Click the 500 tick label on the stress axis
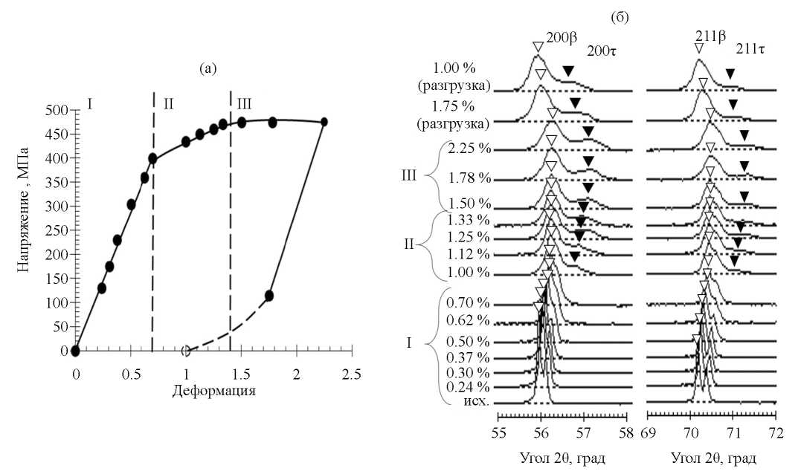pyautogui.click(x=59, y=111)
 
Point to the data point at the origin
pyautogui.click(x=75, y=351)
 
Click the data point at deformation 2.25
pyautogui.click(x=324, y=122)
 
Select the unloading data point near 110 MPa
pyautogui.click(x=269, y=296)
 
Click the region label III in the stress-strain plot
pyautogui.click(x=244, y=103)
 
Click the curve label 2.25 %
pyautogui.click(x=469, y=149)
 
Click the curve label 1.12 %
pyautogui.click(x=468, y=255)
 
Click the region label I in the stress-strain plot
pyautogui.click(x=89, y=103)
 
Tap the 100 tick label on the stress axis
pyautogui.click(x=59, y=303)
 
